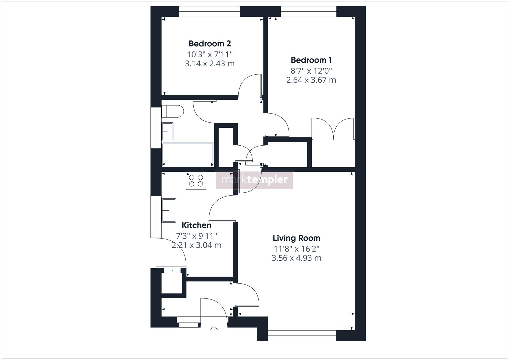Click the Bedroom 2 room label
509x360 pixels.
[210, 44]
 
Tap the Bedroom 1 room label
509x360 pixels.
[311, 60]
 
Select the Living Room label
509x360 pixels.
[296, 238]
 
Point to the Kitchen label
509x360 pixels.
[196, 225]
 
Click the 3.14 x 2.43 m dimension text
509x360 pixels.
[210, 64]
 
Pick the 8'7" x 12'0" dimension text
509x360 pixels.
[311, 71]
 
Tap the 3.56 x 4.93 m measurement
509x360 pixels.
[296, 258]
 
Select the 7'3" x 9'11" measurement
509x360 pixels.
[196, 236]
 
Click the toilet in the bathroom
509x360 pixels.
[172, 111]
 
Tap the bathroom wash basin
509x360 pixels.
[167, 131]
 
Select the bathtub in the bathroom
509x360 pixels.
[188, 155]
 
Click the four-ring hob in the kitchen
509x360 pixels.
[196, 181]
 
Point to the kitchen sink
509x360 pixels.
[169, 210]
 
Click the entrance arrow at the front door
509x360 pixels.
[214, 329]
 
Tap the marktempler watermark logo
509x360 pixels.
[255, 180]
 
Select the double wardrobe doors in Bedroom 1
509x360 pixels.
[333, 128]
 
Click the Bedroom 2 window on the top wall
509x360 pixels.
[209, 12]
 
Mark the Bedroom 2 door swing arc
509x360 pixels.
[248, 85]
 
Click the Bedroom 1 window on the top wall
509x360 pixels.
[309, 12]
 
